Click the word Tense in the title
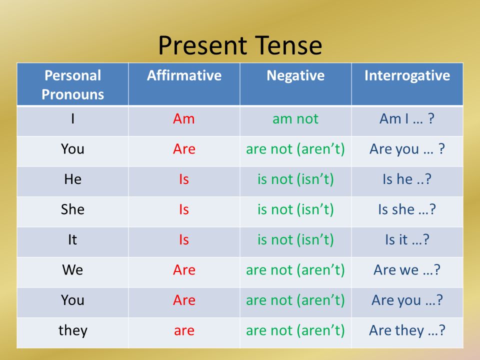pyautogui.click(x=288, y=45)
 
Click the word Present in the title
pyautogui.click(x=202, y=45)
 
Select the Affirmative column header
pyautogui.click(x=184, y=75)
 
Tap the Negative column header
pyautogui.click(x=295, y=76)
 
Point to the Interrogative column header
pyautogui.click(x=407, y=76)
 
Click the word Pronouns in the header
pyautogui.click(x=73, y=94)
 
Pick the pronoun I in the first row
pyautogui.click(x=72, y=118)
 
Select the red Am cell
pyautogui.click(x=183, y=118)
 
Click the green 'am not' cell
pyautogui.click(x=295, y=119)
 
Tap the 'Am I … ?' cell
pyautogui.click(x=407, y=118)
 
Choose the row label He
pyautogui.click(x=73, y=179)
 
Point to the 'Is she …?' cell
pyautogui.click(x=407, y=209)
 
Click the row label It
pyautogui.click(x=72, y=239)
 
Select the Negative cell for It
pyautogui.click(x=295, y=239)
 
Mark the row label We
pyautogui.click(x=72, y=269)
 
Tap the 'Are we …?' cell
pyautogui.click(x=407, y=269)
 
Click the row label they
pyautogui.click(x=73, y=330)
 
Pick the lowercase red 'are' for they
pyautogui.click(x=184, y=331)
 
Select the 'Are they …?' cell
pyautogui.click(x=407, y=330)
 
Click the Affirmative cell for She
pyautogui.click(x=184, y=209)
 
